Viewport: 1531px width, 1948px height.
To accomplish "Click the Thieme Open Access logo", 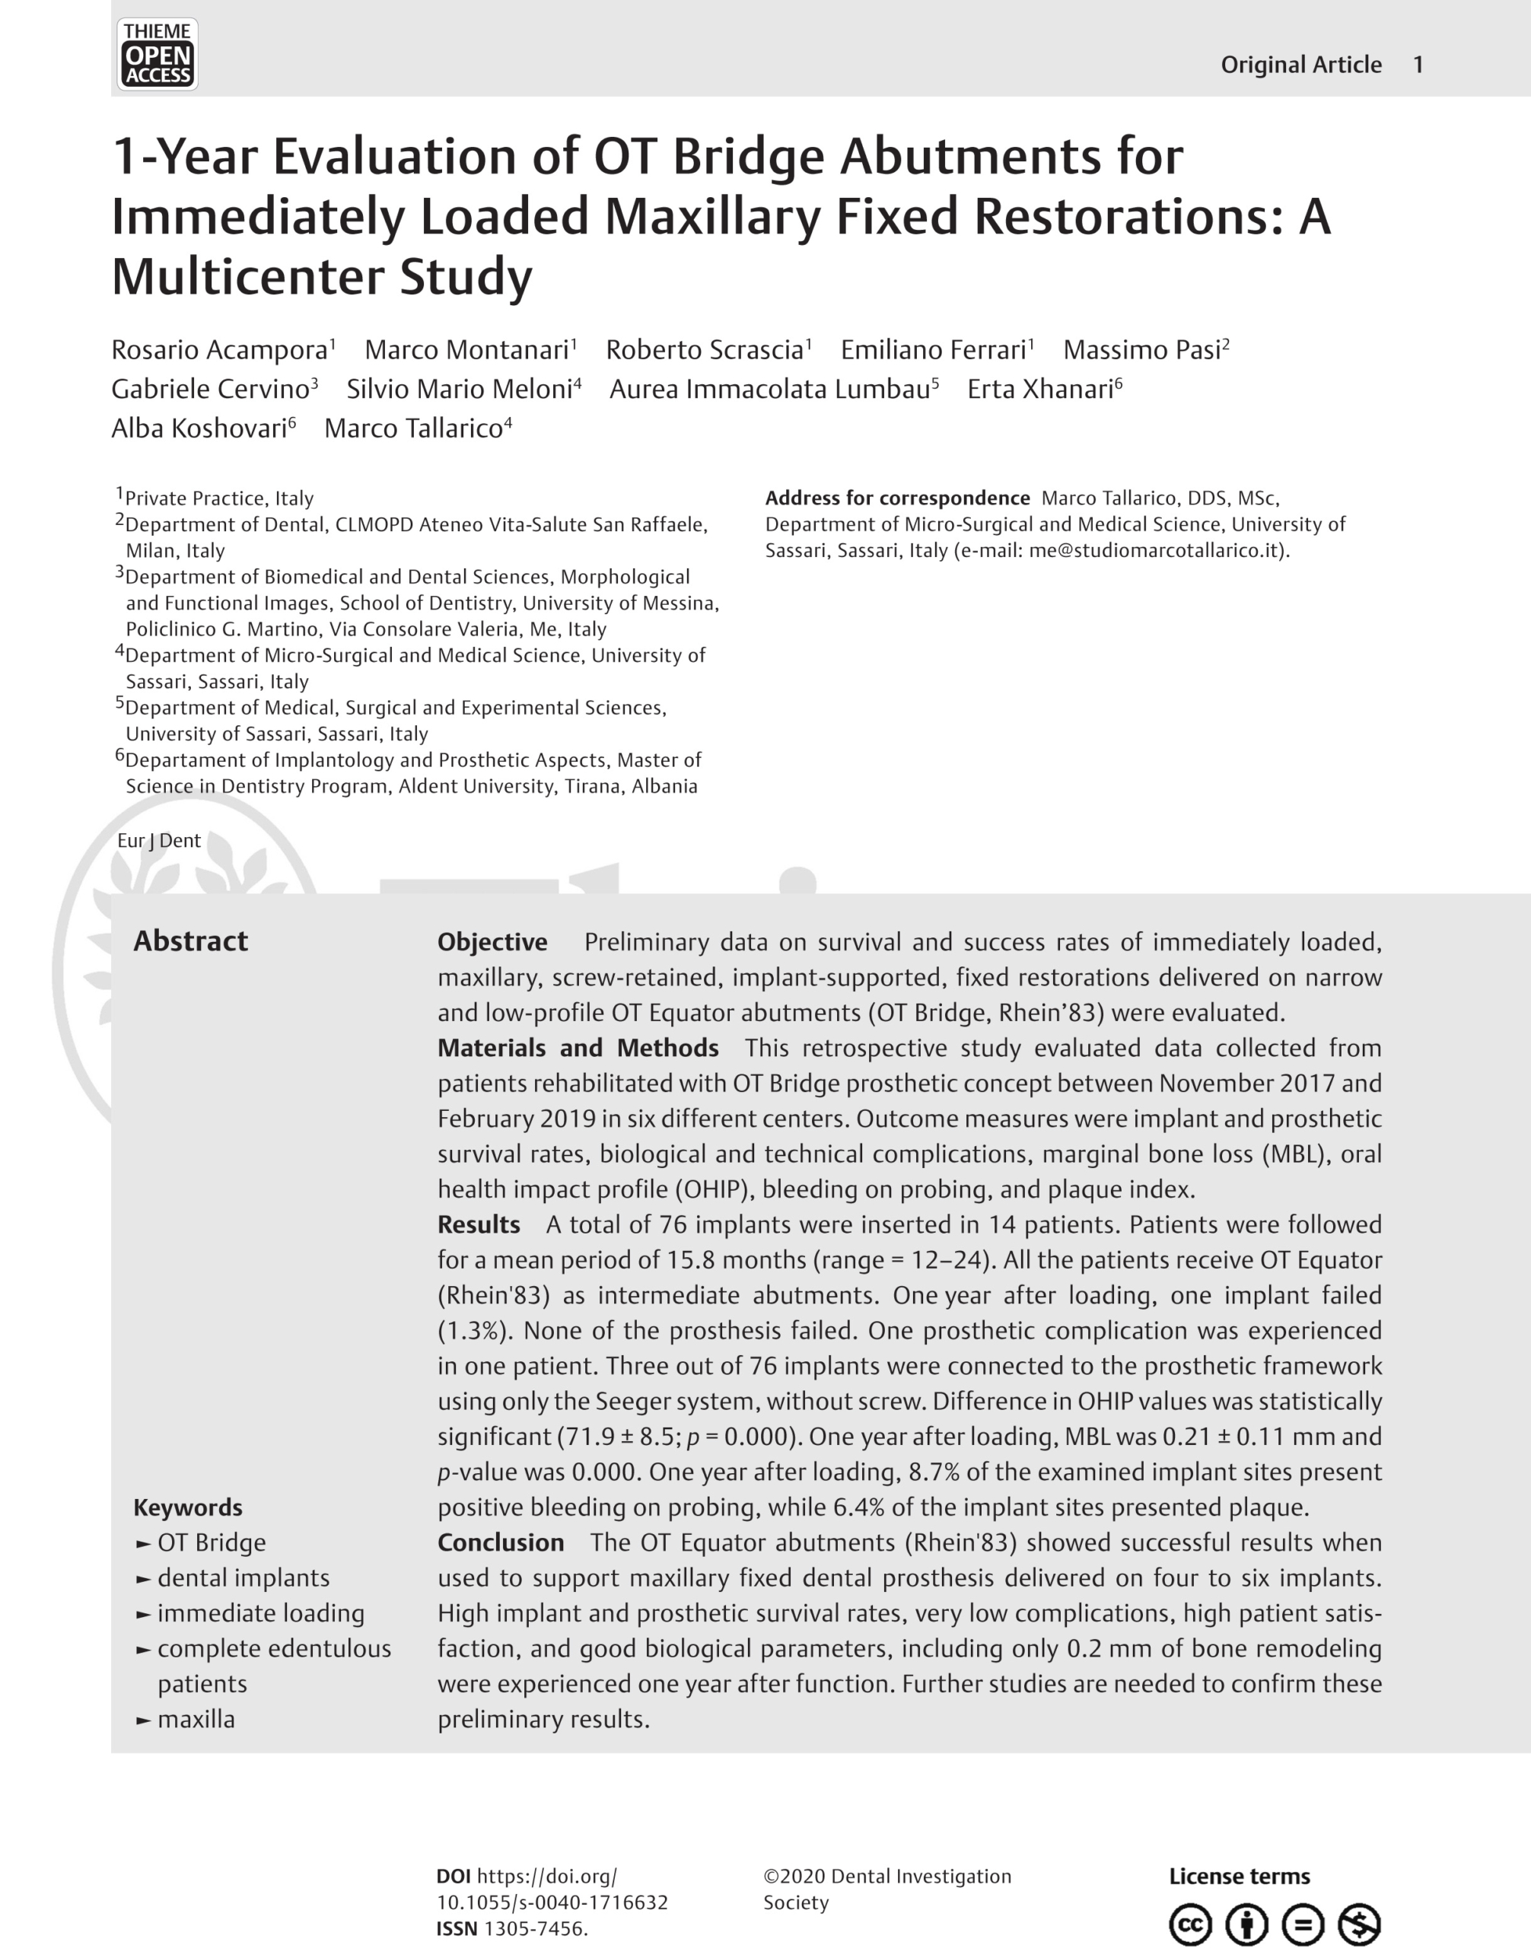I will [157, 55].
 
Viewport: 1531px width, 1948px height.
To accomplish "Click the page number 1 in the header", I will [1418, 65].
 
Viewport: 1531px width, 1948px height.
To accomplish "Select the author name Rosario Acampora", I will [220, 349].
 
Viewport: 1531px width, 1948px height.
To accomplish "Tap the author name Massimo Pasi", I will [1142, 349].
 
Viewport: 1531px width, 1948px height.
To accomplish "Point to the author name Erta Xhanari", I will [1039, 389].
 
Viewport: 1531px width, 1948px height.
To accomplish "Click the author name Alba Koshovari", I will [199, 428].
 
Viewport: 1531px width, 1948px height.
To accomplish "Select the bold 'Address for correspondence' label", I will [897, 498].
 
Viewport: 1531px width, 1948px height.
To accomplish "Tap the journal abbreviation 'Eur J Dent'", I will [159, 841].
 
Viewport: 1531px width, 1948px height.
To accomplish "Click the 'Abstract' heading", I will [191, 941].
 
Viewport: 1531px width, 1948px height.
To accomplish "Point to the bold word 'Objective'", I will [492, 942].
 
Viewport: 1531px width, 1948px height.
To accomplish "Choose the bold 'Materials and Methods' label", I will [578, 1048].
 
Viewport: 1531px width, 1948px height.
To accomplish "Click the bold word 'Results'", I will [479, 1224].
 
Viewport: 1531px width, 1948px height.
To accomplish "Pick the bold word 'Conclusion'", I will [500, 1543].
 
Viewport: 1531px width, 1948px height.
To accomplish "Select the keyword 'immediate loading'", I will [261, 1614].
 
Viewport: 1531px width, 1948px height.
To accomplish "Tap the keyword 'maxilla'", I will [196, 1720].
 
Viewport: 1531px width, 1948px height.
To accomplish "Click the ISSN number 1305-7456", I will [535, 1928].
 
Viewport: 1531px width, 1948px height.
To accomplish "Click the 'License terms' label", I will [1239, 1876].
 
